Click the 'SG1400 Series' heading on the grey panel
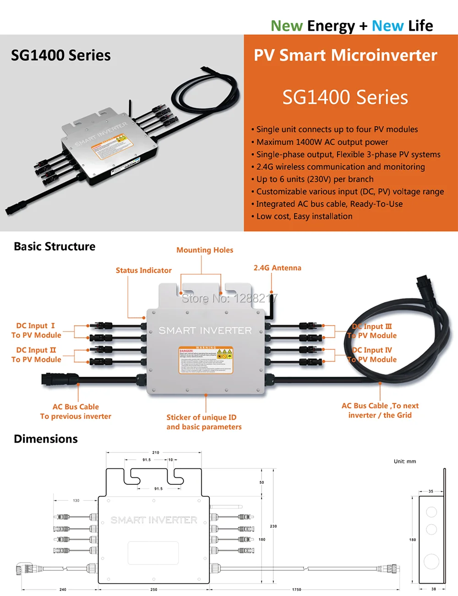tap(61, 55)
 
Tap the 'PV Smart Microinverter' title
tap(345, 55)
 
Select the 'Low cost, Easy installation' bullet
tap(304, 217)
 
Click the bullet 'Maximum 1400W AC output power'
tap(322, 142)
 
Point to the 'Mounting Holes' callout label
tap(205, 250)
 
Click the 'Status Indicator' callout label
tap(143, 271)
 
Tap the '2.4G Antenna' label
tap(277, 268)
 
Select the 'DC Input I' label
tap(36, 326)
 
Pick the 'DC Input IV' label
tap(372, 350)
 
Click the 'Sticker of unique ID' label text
tap(202, 417)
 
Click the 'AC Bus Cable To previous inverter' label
tap(76, 412)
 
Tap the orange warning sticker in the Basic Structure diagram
tap(206, 360)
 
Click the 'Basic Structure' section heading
tap(55, 247)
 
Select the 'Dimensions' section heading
tap(46, 439)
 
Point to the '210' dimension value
tap(156, 452)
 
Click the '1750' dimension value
tap(297, 590)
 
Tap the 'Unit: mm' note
tap(405, 461)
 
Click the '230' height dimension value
tap(273, 526)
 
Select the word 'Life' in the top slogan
tap(420, 26)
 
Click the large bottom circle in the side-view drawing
tap(431, 561)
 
